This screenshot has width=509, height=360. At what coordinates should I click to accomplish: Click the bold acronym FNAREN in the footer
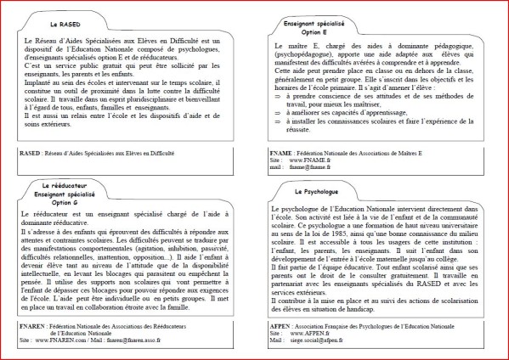(35, 325)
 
